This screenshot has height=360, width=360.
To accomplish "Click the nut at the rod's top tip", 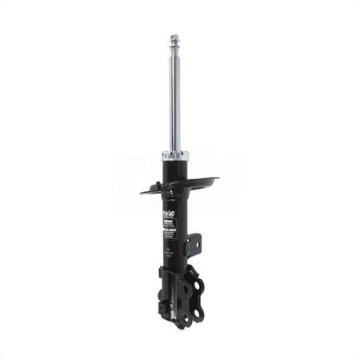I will pyautogui.click(x=174, y=38).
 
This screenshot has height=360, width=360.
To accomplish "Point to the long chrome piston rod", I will pyautogui.click(x=174, y=96).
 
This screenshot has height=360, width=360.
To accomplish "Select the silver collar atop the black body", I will pyautogui.click(x=174, y=154).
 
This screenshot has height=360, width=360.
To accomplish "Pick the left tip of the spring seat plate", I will pyautogui.click(x=142, y=191).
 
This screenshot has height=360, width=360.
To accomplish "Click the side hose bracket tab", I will pyautogui.click(x=194, y=242).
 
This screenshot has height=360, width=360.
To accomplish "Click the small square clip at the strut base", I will pyautogui.click(x=162, y=305).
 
